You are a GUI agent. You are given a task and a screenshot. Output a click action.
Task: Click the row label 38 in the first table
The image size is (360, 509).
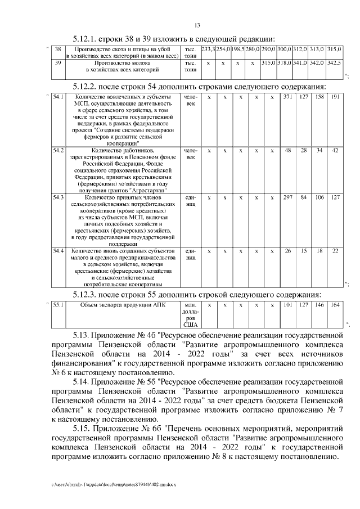[x=57, y=50]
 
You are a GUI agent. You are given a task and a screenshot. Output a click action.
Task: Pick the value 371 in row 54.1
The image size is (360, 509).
[x=287, y=97]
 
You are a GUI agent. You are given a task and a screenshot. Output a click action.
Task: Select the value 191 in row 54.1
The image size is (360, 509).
[x=335, y=97]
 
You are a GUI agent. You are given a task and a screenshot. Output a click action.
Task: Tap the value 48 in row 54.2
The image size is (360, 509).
[x=287, y=150]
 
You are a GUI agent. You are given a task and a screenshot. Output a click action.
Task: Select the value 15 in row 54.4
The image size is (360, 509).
[x=303, y=250]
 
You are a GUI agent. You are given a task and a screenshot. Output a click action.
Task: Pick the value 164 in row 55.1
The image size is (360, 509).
[x=335, y=305]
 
